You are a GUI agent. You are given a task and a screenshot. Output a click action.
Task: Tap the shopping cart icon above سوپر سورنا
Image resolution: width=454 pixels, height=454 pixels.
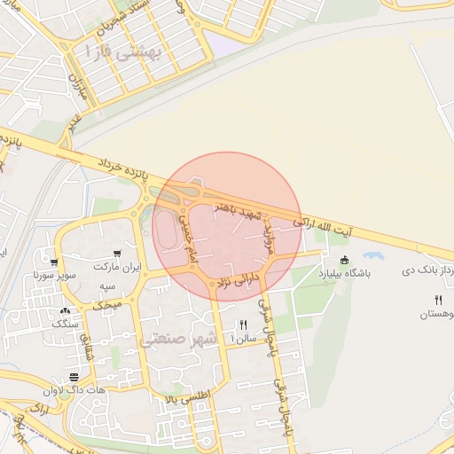click(55, 262)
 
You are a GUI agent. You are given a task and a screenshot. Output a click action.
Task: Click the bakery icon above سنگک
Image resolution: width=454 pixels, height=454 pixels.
click(65, 311)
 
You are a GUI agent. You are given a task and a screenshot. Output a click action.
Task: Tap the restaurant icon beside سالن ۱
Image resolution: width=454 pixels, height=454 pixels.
click(243, 325)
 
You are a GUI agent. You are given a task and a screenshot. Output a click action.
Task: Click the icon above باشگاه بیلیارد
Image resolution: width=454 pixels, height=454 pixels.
click(344, 260)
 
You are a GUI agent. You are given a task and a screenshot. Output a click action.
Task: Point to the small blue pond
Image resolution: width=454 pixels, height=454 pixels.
click(373, 255)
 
